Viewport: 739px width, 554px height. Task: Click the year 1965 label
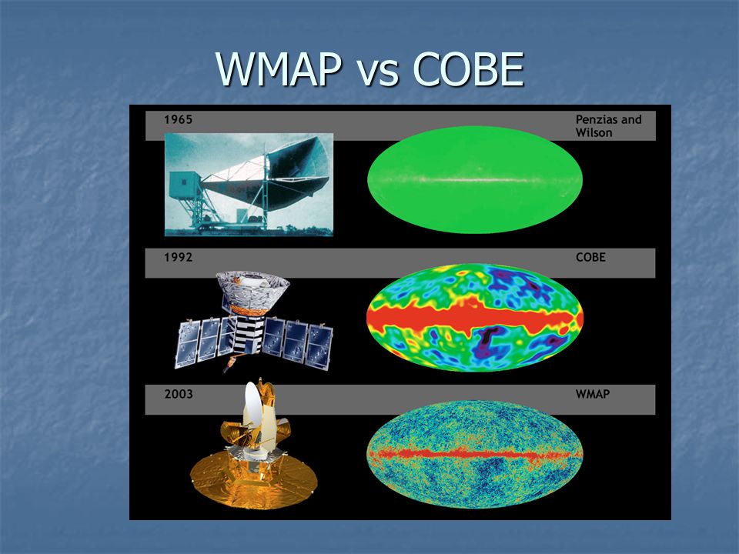tap(178, 120)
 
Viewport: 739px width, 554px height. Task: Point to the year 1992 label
tap(178, 257)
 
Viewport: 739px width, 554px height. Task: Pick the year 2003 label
tap(179, 394)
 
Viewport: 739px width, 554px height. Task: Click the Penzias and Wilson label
tap(608, 126)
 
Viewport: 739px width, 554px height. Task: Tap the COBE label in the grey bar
tap(590, 257)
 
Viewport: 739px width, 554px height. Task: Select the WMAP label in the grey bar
tap(593, 394)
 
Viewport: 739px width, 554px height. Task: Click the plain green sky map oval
tap(475, 179)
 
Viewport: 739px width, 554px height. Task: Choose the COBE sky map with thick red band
tap(475, 318)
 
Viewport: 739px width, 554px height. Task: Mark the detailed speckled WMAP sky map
tap(475, 454)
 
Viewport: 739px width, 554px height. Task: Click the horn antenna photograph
tap(249, 184)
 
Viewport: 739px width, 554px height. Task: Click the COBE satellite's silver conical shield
tap(252, 289)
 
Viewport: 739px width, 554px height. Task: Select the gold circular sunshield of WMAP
tap(253, 480)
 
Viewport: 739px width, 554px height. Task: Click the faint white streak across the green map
tap(475, 180)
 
